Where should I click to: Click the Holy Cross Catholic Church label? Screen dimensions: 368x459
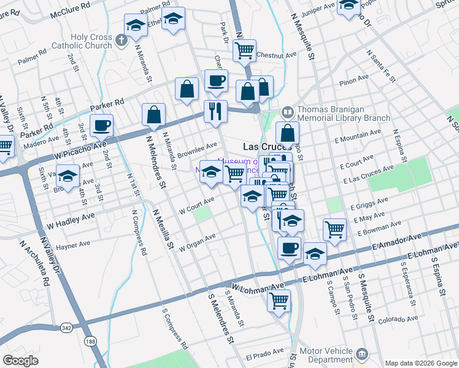[91, 41]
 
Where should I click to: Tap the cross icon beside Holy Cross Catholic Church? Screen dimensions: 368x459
[121, 41]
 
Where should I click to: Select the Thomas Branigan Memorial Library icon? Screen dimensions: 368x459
[287, 113]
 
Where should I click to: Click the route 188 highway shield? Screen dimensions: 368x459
[91, 341]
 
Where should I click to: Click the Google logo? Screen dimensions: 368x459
[21, 361]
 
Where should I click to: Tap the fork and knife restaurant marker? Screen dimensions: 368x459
[215, 111]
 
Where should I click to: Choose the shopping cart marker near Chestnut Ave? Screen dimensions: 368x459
[245, 50]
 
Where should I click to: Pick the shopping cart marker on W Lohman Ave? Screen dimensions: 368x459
[279, 301]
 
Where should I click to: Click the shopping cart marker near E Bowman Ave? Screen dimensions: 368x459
[334, 229]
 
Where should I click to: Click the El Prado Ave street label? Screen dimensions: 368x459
[264, 354]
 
